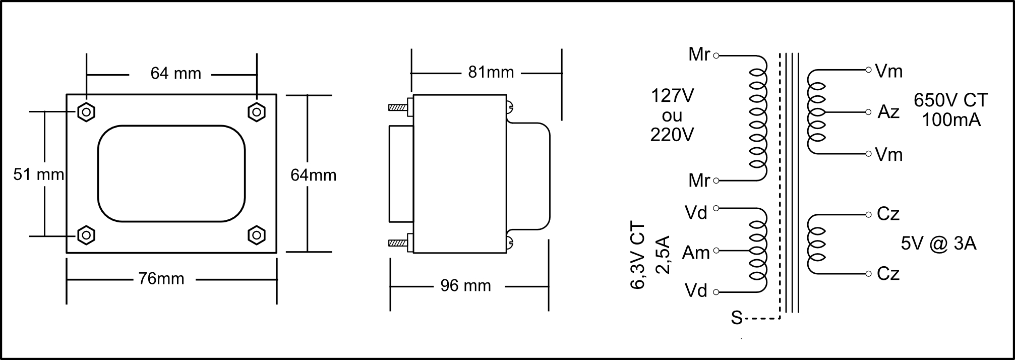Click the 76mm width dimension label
tap(161, 279)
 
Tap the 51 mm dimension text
tap(39, 174)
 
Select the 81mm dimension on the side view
tap(491, 73)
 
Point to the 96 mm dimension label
tap(465, 286)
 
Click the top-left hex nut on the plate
tap(86, 112)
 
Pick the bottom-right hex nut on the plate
tap(257, 235)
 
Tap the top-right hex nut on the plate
tap(257, 112)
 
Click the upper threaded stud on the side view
tap(398, 107)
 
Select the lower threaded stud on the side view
tap(398, 243)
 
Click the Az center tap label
tap(888, 112)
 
